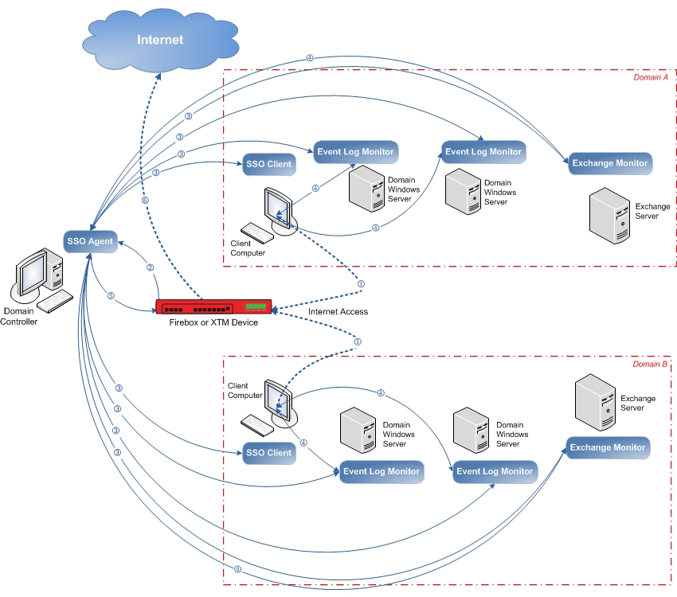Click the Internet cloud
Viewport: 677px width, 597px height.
159,39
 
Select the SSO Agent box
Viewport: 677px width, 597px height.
90,240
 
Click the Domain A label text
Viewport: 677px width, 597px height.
649,77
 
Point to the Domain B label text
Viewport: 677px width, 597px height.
650,364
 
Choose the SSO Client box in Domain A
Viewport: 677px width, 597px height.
268,164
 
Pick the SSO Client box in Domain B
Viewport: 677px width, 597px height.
268,453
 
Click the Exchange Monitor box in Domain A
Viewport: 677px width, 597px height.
609,163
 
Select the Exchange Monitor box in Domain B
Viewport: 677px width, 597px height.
608,447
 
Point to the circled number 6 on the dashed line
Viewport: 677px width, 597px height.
145,201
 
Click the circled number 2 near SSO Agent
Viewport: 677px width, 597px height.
150,267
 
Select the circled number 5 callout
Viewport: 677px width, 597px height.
111,296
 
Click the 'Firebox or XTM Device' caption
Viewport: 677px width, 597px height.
213,323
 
